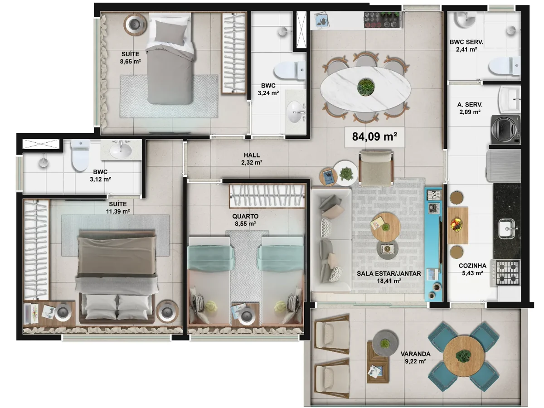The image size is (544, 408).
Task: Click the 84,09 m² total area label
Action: (x=374, y=136)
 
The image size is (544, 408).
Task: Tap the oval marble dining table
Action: (x=365, y=87)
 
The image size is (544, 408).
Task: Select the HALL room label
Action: (x=252, y=155)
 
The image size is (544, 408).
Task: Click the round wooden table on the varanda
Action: (x=464, y=356)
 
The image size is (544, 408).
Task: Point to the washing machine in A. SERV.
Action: (x=506, y=129)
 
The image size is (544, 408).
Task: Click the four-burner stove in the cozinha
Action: (x=507, y=272)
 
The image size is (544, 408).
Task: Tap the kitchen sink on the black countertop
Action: (x=508, y=228)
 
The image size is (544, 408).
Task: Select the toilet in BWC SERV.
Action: (x=504, y=66)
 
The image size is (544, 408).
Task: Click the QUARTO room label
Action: (x=245, y=216)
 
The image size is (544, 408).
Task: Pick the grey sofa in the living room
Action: (x=331, y=239)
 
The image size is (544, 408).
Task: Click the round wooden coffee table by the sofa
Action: (x=387, y=227)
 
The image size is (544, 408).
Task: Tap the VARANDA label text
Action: (x=415, y=354)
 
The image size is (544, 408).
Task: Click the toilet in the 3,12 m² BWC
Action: (x=80, y=155)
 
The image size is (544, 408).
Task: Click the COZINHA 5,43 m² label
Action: (x=472, y=269)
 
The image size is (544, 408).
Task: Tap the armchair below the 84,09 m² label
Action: (x=376, y=168)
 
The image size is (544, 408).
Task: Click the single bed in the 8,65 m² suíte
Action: (x=170, y=58)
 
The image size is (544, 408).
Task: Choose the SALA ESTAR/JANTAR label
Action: (x=389, y=273)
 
